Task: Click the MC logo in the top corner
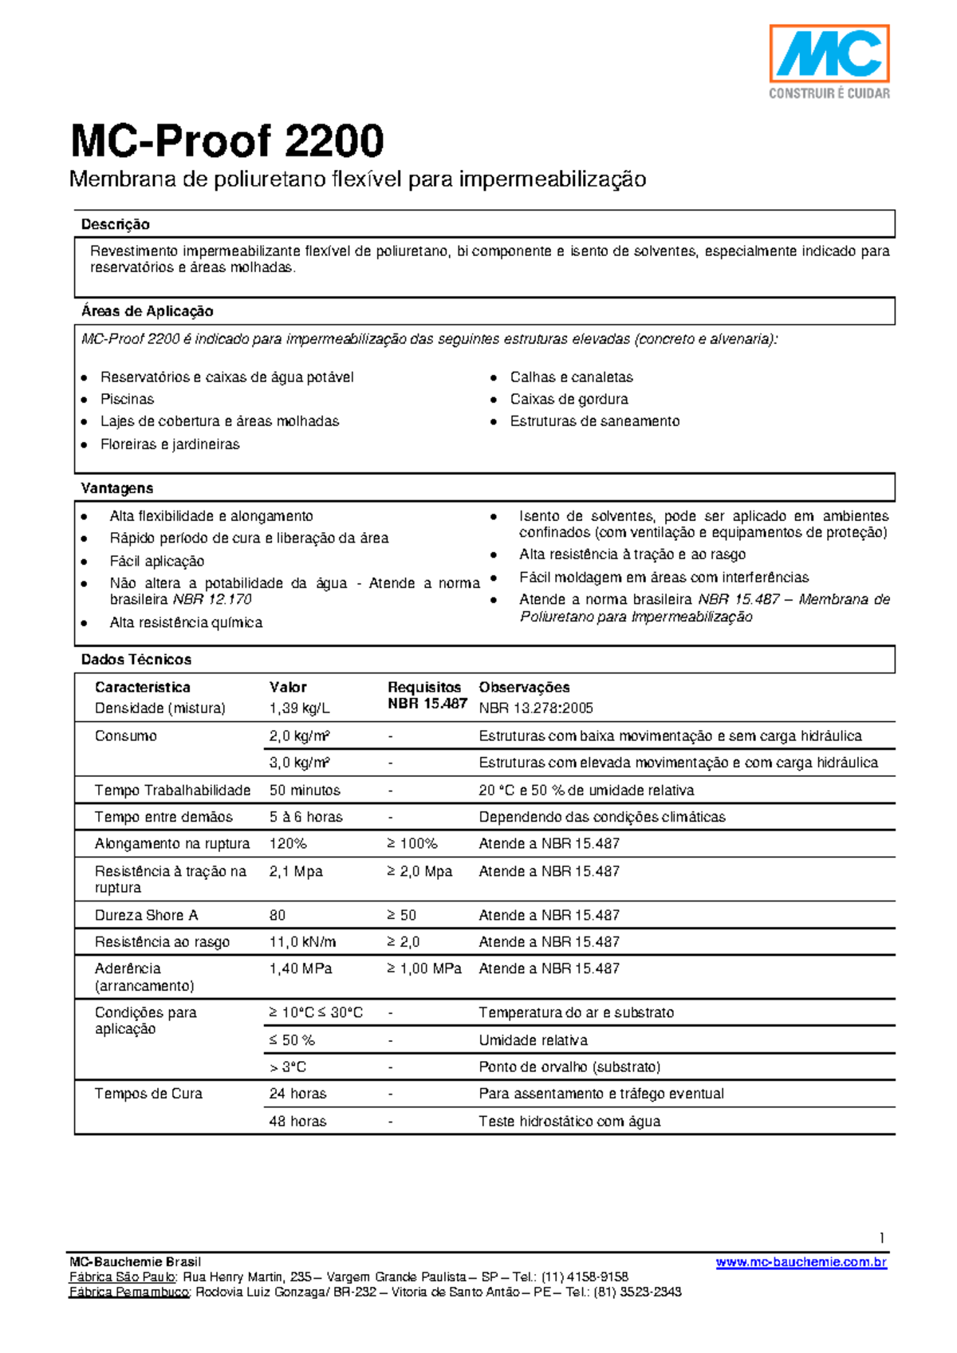coord(829,54)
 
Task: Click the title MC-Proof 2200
coord(227,141)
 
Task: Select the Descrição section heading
coord(115,225)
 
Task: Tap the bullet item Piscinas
coord(127,399)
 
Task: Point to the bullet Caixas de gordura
coord(569,399)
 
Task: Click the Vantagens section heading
coord(116,488)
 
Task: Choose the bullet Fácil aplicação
coord(156,561)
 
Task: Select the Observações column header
coord(524,687)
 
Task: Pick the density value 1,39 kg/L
coord(299,708)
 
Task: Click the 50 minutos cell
coord(305,791)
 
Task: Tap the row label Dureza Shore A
coord(146,915)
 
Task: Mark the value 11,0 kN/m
coord(302,942)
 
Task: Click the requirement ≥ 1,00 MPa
coord(424,968)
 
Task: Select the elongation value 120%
coord(288,843)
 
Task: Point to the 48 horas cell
coord(297,1121)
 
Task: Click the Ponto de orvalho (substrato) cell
coord(569,1067)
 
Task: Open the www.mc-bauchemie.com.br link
coord(801,1262)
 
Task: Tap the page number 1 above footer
coord(882,1238)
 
